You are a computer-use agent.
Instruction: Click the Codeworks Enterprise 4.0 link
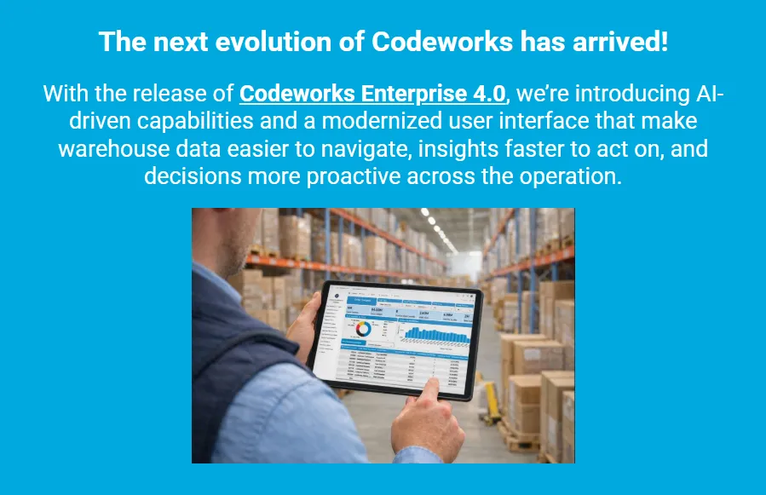pyautogui.click(x=373, y=93)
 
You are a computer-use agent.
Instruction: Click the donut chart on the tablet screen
pyautogui.click(x=362, y=329)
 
